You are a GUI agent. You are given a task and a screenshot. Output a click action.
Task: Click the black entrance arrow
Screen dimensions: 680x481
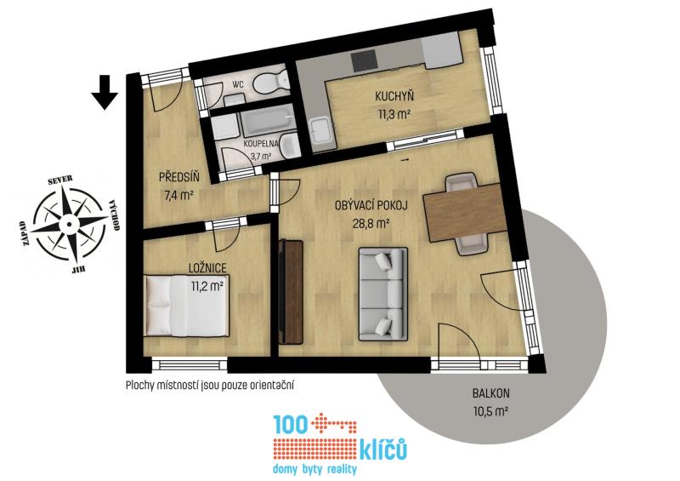click(x=105, y=93)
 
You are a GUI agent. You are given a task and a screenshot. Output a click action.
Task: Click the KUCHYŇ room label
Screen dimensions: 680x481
click(x=394, y=96)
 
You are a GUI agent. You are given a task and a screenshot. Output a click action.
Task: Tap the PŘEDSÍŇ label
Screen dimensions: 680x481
click(x=179, y=177)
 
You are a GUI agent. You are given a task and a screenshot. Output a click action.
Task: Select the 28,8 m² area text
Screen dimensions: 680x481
click(x=371, y=223)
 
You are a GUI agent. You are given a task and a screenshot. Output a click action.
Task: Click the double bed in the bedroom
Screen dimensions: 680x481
click(x=186, y=306)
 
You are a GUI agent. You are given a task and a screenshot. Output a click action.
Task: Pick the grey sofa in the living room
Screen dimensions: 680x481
click(x=383, y=295)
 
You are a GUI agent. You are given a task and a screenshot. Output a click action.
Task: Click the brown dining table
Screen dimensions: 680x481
click(x=465, y=212)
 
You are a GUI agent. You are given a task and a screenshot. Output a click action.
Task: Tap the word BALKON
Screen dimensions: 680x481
click(x=491, y=393)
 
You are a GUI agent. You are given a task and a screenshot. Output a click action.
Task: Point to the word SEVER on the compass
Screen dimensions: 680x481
click(x=60, y=180)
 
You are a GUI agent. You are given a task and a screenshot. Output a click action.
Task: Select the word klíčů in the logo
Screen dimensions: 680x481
click(x=383, y=450)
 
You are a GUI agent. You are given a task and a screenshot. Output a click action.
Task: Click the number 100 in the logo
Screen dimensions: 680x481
click(x=290, y=425)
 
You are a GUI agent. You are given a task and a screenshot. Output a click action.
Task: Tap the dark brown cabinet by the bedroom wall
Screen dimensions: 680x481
click(x=291, y=291)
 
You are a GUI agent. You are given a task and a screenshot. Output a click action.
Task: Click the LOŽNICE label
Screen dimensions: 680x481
click(x=207, y=267)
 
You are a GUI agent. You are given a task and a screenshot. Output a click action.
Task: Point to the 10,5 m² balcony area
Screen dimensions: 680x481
click(x=491, y=410)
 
